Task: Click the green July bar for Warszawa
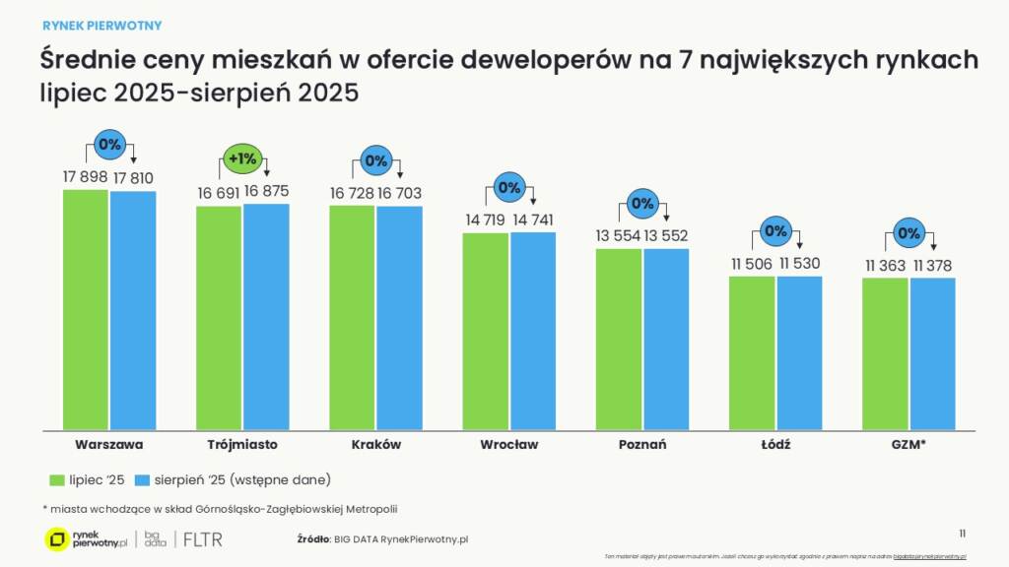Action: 86,309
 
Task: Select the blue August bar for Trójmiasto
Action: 266,316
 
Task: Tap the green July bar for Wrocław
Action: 486,331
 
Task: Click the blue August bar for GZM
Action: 932,353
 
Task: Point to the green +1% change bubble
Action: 242,158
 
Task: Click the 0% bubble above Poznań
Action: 642,204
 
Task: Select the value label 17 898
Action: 84,177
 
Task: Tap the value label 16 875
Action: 266,191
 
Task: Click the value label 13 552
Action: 666,236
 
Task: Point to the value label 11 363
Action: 885,266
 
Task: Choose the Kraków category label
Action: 375,444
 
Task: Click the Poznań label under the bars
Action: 642,444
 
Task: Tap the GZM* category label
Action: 908,444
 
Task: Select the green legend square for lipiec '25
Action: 56,479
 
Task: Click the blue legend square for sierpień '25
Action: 141,479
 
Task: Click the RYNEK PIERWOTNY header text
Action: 102,25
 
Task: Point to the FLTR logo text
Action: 202,539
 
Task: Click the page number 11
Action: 963,533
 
